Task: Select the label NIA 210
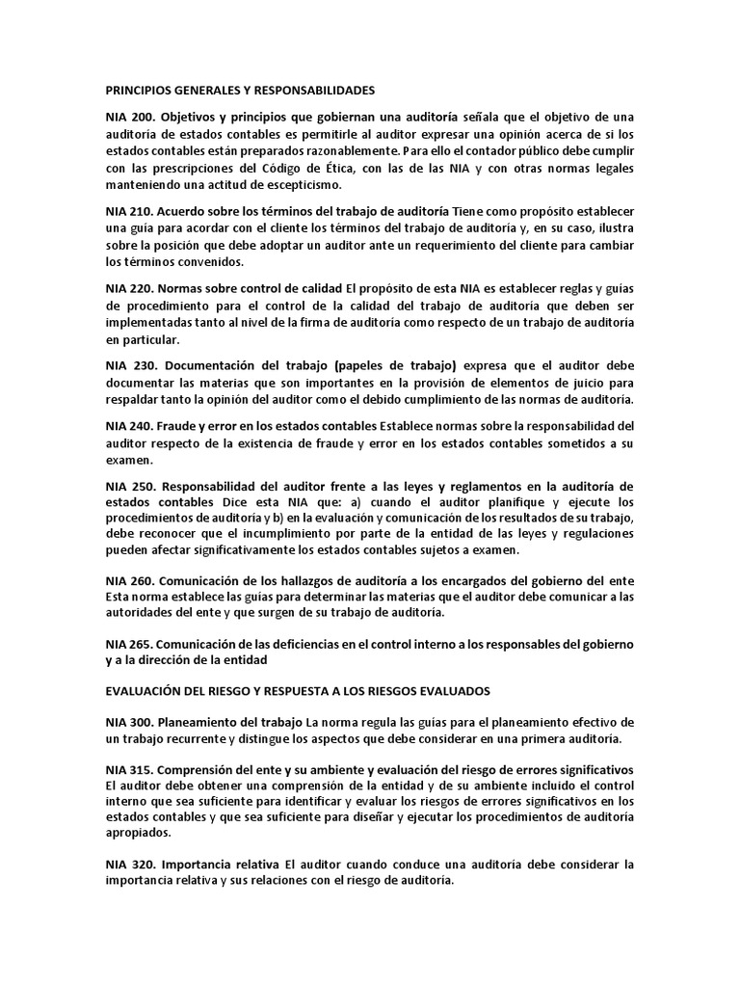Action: [128, 211]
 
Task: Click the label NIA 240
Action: [128, 426]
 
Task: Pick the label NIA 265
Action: [128, 643]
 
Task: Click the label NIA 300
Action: [128, 722]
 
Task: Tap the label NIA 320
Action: [128, 865]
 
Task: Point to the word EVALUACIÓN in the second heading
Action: [145, 691]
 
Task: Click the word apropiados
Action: [139, 833]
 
